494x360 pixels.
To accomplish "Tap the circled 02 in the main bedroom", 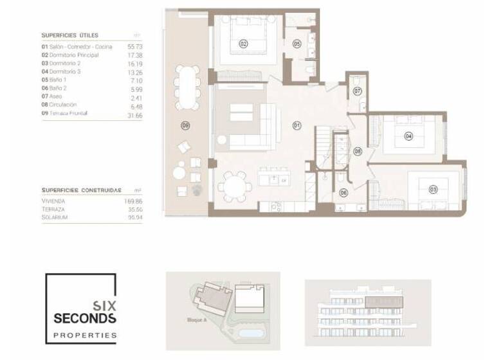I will (243, 44).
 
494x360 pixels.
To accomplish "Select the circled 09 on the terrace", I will (186, 125).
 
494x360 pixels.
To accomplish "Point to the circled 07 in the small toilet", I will (358, 92).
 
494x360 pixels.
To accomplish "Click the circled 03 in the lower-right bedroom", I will (433, 189).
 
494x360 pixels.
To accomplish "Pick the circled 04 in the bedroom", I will (408, 136).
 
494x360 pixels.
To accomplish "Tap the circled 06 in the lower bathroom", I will (343, 192).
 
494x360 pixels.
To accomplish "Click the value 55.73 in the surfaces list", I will (135, 47).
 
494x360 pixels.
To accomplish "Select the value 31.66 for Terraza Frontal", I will (135, 114).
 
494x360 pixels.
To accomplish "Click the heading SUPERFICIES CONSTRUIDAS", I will (81, 190).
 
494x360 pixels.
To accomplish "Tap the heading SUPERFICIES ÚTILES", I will (69, 35).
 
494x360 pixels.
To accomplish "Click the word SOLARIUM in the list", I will (54, 217).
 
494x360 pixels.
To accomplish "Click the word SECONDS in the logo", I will (85, 318).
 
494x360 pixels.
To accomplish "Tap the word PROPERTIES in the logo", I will (85, 335).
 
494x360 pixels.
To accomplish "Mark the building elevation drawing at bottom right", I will (367, 312).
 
